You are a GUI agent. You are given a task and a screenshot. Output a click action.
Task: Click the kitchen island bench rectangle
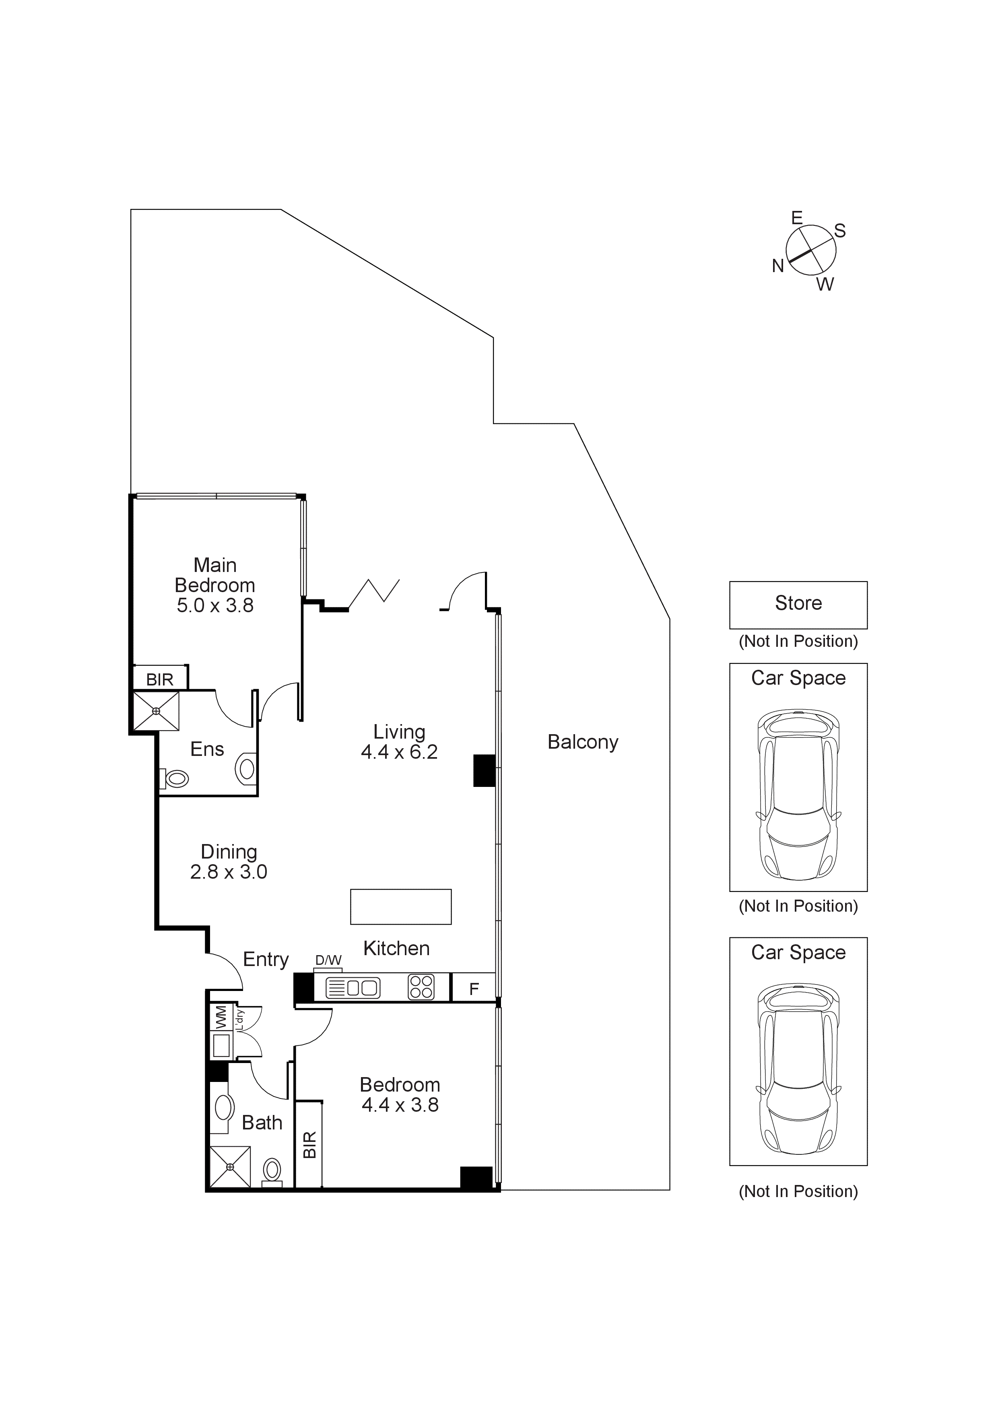click(x=400, y=907)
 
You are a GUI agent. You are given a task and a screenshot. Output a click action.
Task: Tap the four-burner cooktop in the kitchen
click(x=421, y=988)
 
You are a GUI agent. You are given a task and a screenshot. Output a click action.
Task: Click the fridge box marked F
click(x=474, y=989)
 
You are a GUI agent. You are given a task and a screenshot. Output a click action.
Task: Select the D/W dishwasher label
click(x=328, y=961)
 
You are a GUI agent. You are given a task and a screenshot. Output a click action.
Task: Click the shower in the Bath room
click(x=230, y=1166)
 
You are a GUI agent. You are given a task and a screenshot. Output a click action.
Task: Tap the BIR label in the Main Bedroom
click(x=159, y=679)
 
